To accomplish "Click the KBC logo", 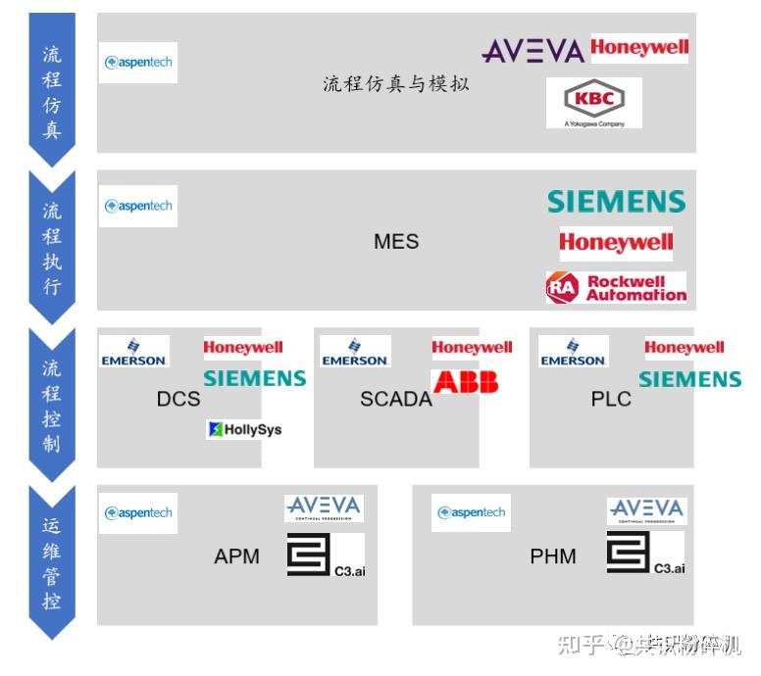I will click(x=594, y=102).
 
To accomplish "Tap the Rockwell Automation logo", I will click(x=616, y=287).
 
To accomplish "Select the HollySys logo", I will click(x=244, y=429).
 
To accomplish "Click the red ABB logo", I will click(x=466, y=381).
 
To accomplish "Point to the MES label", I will click(x=396, y=241).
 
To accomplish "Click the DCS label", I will click(x=178, y=399).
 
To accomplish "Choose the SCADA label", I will click(x=396, y=399).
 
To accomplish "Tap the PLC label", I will click(x=611, y=399).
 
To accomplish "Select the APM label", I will click(x=237, y=556).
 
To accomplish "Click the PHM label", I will click(x=553, y=556).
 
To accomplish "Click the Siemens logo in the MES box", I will click(x=616, y=202).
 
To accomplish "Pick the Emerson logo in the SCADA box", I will click(x=355, y=352).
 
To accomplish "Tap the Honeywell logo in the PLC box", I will click(x=685, y=348).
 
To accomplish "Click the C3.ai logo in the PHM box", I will click(x=645, y=554).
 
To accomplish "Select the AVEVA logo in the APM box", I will click(x=324, y=507).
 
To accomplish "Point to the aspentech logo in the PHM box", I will click(x=472, y=512).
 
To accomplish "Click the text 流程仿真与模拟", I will click(x=396, y=84).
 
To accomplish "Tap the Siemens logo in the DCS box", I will click(x=255, y=378).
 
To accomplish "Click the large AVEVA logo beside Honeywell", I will click(x=533, y=51).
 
